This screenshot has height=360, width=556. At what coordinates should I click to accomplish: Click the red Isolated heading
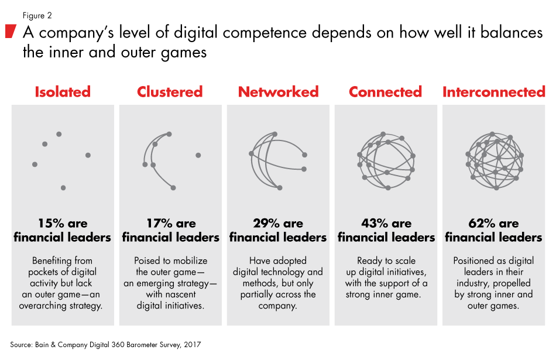[x=63, y=92]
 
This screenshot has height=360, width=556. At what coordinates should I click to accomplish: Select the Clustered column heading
[x=170, y=92]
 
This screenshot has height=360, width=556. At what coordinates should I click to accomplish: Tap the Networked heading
[x=278, y=92]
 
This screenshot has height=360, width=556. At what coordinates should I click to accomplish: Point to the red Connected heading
[x=385, y=92]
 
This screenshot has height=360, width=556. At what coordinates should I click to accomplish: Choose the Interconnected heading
[x=493, y=92]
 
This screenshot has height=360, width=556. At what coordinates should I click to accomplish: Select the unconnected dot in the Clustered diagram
[x=198, y=155]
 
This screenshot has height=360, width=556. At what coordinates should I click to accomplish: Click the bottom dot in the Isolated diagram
[x=63, y=188]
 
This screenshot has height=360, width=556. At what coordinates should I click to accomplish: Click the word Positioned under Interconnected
[x=475, y=260]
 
